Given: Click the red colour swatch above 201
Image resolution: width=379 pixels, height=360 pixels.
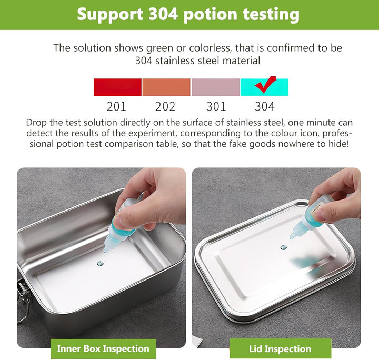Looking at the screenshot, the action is point(117,87).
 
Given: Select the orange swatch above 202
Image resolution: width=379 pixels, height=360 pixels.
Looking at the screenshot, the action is point(166,87).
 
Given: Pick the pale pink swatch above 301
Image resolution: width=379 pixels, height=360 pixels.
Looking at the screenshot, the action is point(215,87).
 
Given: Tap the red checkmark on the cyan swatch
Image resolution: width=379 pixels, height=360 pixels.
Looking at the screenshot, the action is point(265,85).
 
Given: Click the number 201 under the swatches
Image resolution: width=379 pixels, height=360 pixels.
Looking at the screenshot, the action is point(116,106).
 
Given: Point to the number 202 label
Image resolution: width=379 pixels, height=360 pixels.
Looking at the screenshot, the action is point(165,106).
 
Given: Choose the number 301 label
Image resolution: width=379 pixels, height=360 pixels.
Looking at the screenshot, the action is point(216,106).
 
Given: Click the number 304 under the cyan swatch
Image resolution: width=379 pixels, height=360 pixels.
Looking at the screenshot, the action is point(264,106).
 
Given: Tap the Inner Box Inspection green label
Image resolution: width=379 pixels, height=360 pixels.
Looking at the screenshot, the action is point(103,348).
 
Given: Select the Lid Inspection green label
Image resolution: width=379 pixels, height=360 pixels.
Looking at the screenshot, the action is point(280,348).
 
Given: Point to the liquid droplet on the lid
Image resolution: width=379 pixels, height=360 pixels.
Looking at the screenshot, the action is point(283,248).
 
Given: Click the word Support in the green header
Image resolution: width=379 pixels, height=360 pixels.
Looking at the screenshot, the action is point(110,15).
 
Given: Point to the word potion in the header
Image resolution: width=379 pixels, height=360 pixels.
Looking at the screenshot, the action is point(210,15).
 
